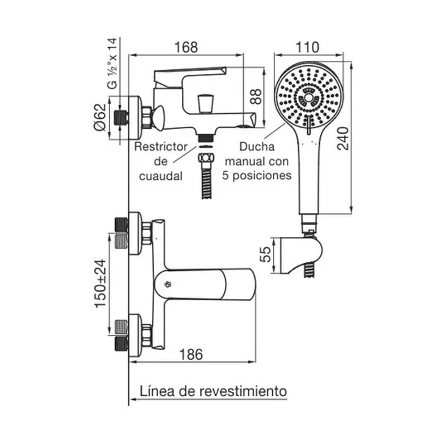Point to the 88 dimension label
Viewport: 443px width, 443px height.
click(256, 96)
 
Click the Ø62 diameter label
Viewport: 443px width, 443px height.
click(100, 117)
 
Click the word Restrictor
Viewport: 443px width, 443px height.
click(161, 146)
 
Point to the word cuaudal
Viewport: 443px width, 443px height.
click(161, 176)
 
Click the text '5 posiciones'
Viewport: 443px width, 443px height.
click(257, 176)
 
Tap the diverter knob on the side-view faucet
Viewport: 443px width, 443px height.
click(205, 103)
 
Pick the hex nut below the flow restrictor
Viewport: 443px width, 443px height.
click(206, 158)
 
